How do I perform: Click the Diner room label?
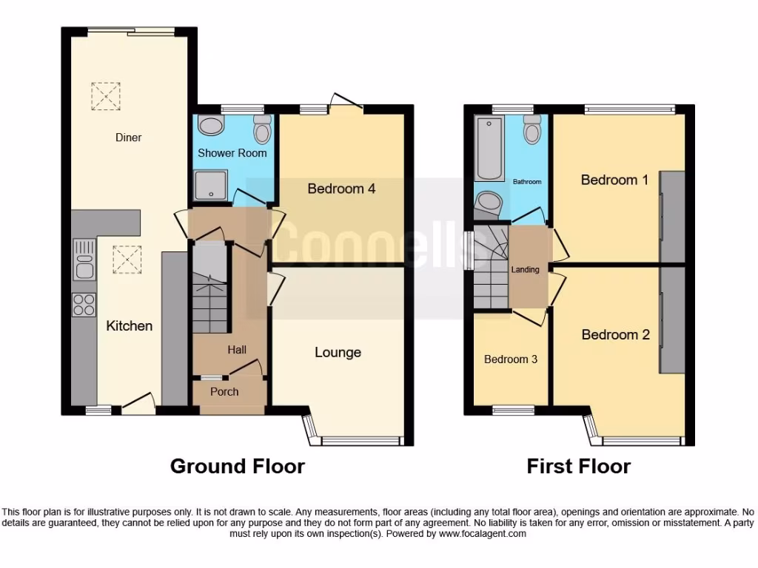(128, 138)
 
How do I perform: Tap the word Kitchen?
(130, 326)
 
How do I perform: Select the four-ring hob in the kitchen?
(84, 305)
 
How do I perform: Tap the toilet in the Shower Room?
(262, 129)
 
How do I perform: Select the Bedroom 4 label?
(341, 189)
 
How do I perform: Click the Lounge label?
(338, 353)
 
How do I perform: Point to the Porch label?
(224, 391)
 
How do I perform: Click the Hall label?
(237, 350)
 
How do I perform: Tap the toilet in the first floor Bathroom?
(531, 130)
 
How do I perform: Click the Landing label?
(526, 270)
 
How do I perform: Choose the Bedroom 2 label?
(615, 335)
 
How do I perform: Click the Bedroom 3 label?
(510, 359)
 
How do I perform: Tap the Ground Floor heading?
(237, 467)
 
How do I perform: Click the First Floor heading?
(578, 467)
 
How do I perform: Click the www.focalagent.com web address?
(482, 533)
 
